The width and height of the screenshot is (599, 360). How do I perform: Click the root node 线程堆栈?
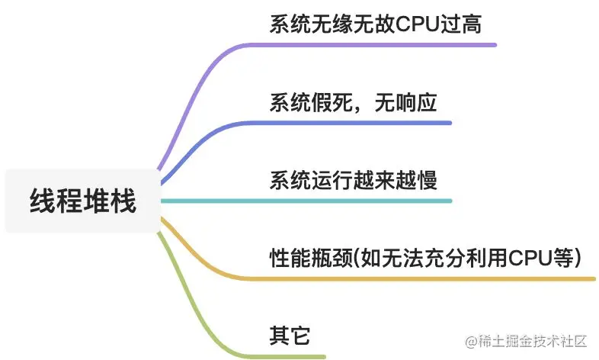click(82, 201)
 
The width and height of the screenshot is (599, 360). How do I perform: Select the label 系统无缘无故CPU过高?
click(375, 24)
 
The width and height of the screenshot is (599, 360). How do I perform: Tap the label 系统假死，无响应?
click(353, 103)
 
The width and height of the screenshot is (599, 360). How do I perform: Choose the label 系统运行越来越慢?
click(353, 181)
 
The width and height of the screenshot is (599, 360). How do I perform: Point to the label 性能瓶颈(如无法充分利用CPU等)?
click(426, 258)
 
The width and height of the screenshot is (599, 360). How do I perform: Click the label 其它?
click(290, 336)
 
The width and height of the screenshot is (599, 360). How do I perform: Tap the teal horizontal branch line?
click(305, 201)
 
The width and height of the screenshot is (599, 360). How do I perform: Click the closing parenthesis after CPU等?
click(578, 258)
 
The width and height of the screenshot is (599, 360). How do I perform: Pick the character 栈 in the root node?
click(123, 201)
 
